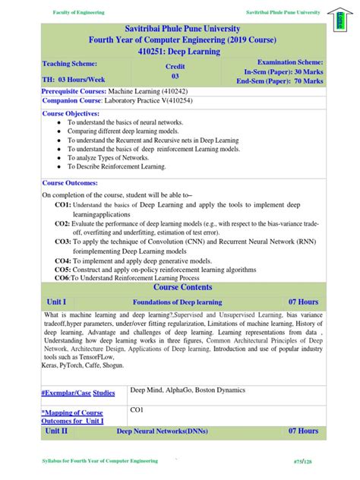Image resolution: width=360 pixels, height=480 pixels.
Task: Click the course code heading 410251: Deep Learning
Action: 179,51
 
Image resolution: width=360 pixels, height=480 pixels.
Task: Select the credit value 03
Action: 175,76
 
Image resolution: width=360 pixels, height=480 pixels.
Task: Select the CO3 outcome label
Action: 62,241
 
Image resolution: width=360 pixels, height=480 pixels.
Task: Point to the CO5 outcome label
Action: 62,269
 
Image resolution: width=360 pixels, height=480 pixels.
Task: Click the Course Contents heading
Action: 179,288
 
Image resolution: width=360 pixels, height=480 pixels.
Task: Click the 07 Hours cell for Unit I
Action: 302,302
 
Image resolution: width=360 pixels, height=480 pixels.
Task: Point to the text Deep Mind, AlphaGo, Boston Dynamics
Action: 188,390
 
